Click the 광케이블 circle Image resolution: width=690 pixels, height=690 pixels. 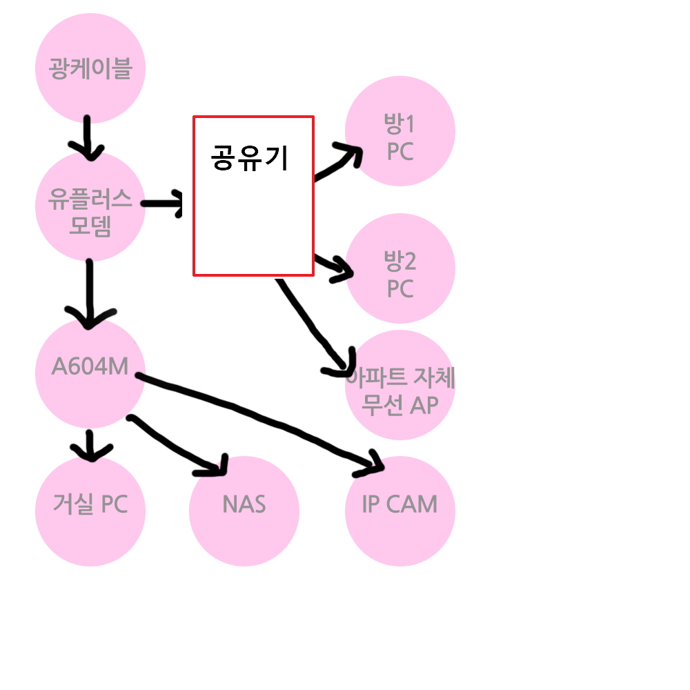click(90, 68)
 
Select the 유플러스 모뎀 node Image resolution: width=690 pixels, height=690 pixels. click(90, 206)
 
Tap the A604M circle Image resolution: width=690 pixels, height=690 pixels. click(90, 373)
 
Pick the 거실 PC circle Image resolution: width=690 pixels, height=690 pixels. click(90, 511)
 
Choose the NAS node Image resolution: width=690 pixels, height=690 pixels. click(244, 511)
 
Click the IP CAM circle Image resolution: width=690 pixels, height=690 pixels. click(400, 511)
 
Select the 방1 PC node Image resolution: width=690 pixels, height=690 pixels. click(400, 131)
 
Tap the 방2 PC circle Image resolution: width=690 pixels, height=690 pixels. click(400, 268)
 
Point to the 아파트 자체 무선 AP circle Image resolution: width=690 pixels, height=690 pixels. click(400, 385)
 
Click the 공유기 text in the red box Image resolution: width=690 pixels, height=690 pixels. click(250, 157)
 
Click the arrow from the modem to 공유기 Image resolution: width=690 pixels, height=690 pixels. click(162, 204)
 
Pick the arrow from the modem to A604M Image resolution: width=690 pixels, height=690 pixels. click(90, 294)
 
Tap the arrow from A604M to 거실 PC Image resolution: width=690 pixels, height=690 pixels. click(90, 445)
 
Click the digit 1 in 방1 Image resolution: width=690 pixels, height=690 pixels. click(410, 124)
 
